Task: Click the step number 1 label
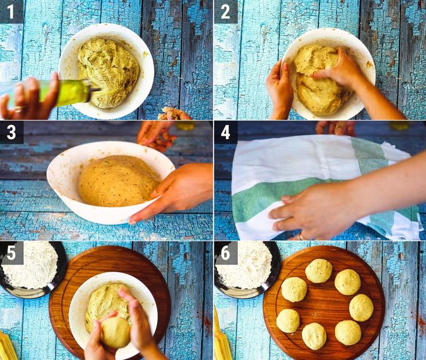click(11, 12)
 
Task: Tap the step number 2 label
click(225, 12)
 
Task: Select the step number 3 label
click(11, 133)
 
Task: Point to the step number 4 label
click(225, 133)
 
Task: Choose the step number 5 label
click(11, 253)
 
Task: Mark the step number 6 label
click(225, 253)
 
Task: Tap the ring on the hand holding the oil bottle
click(19, 109)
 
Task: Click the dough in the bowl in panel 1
click(109, 72)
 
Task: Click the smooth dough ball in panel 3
click(119, 181)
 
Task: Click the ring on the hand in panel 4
click(301, 236)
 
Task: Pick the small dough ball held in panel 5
click(115, 333)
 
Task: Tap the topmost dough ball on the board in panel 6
click(319, 271)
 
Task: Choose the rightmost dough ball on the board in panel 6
click(361, 308)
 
